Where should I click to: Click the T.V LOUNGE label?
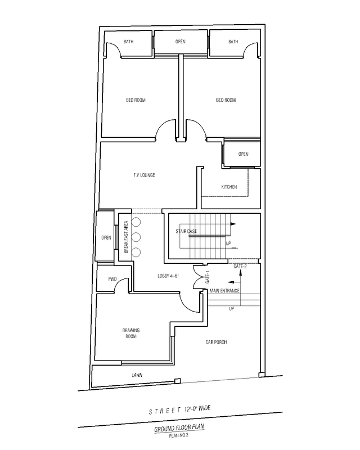(x=144, y=175)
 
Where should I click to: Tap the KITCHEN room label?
(x=229, y=187)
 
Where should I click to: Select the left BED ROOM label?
(x=136, y=100)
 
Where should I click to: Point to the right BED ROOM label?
(x=226, y=100)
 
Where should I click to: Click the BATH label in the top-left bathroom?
(x=128, y=42)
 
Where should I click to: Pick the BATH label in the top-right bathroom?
(x=233, y=42)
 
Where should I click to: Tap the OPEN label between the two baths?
(x=181, y=42)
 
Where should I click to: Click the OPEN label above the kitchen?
(x=243, y=154)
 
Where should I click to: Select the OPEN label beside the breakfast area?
(x=106, y=237)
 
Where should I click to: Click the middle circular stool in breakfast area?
(x=136, y=237)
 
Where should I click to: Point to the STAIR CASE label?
(x=186, y=231)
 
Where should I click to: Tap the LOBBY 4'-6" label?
(x=168, y=276)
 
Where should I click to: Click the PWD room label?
(x=112, y=279)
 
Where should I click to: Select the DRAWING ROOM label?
(x=131, y=333)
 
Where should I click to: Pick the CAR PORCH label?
(x=216, y=342)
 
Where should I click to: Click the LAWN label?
(x=137, y=375)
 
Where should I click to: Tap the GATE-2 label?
(x=240, y=266)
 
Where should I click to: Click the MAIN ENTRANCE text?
(x=224, y=291)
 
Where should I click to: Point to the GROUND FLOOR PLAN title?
(x=179, y=428)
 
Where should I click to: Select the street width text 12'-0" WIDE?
(x=198, y=409)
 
